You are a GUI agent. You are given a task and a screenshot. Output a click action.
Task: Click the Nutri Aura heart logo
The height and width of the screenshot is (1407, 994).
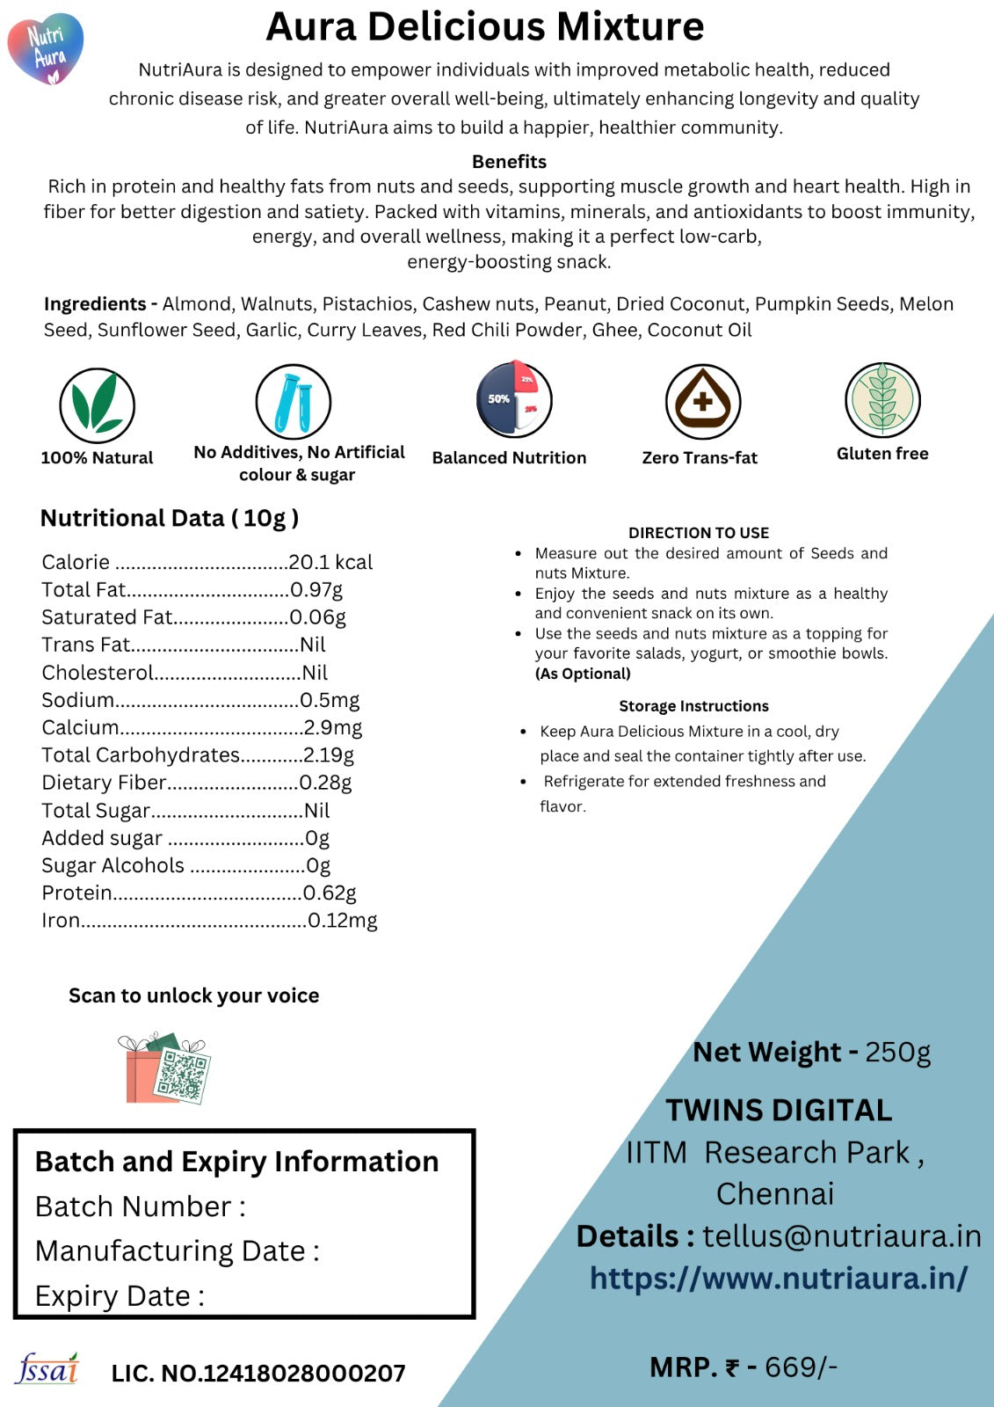click(x=46, y=49)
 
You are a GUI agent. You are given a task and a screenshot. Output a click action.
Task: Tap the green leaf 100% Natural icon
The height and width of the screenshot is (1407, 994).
click(x=97, y=405)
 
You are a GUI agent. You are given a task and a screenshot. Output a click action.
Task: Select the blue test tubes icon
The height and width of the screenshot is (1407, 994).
click(x=294, y=402)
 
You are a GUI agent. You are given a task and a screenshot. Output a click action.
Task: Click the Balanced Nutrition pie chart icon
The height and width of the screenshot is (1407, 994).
click(x=514, y=399)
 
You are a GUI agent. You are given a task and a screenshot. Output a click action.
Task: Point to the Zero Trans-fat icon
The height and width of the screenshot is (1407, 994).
click(x=702, y=402)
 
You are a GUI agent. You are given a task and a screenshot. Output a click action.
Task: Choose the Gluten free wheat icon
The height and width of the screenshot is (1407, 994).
click(x=882, y=400)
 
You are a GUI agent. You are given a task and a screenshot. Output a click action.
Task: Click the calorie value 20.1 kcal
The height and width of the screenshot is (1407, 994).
click(x=330, y=562)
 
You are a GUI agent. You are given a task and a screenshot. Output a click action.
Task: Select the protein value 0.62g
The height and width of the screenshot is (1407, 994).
click(x=330, y=893)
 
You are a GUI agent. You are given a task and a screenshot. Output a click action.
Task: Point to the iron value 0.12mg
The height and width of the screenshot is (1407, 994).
click(x=342, y=921)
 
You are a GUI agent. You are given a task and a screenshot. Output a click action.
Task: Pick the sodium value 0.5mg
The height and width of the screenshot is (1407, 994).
click(x=330, y=700)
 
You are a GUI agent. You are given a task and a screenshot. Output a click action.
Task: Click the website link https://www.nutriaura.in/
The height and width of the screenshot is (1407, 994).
click(x=779, y=1278)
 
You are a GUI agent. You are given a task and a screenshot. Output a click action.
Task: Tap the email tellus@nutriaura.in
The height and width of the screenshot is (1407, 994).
click(x=841, y=1236)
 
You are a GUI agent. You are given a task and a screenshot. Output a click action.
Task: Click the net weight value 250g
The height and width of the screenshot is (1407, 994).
click(x=897, y=1052)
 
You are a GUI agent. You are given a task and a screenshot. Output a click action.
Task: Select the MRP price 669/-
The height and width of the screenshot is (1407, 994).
click(x=801, y=1367)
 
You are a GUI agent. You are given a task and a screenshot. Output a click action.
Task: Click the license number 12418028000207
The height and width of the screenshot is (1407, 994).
click(x=304, y=1374)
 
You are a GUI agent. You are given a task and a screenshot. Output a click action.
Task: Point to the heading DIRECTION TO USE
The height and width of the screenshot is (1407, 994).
click(x=699, y=533)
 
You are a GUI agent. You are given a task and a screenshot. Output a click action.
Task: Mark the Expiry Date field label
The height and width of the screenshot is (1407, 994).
click(x=120, y=1296)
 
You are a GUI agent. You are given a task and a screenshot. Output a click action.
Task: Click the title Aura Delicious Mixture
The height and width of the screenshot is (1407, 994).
click(x=485, y=27)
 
